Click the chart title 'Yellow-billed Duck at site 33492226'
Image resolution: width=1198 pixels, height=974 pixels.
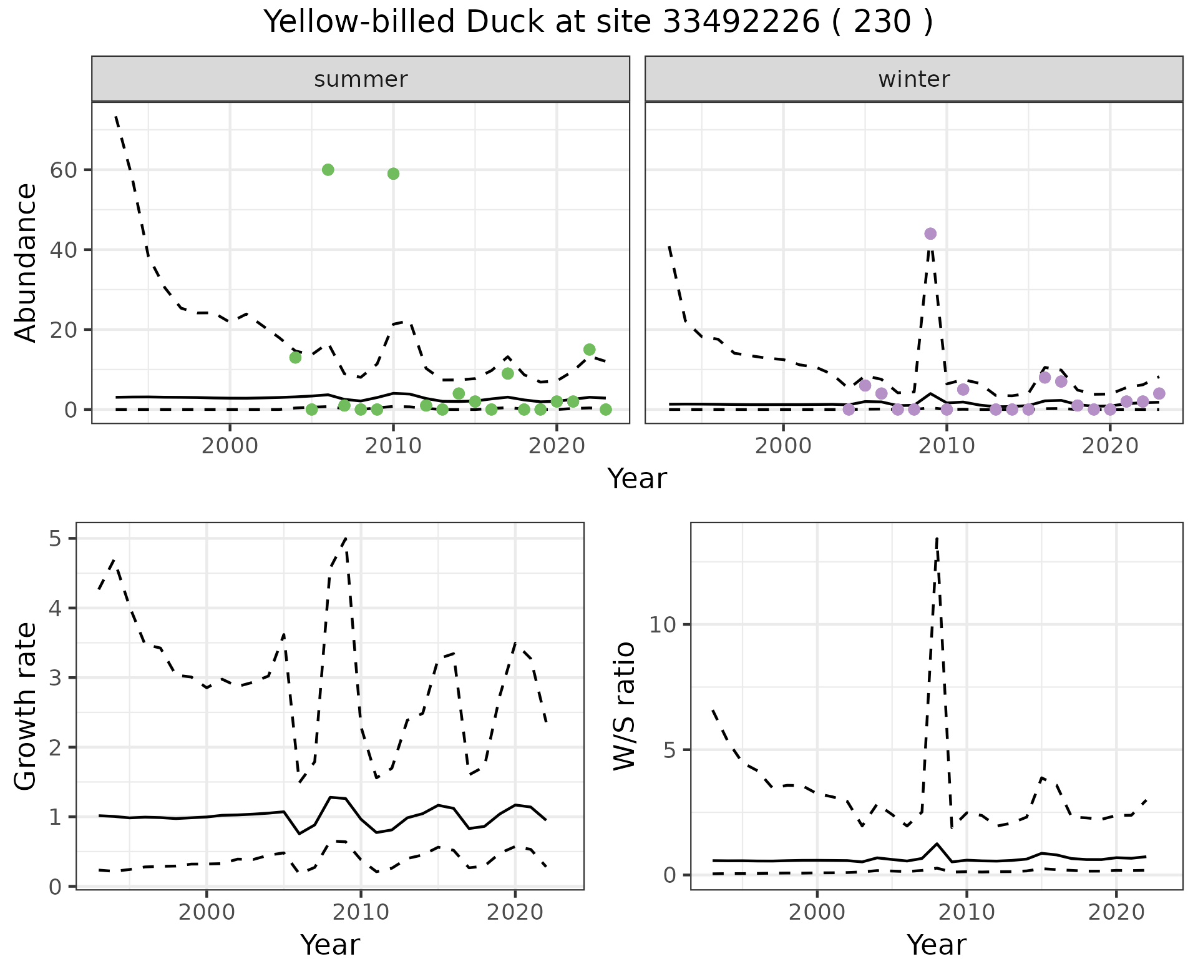(598, 22)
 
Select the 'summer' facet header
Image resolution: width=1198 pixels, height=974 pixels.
(361, 79)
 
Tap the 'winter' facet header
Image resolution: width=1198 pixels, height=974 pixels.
(913, 79)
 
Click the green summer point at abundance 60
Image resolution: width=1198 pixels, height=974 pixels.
(328, 170)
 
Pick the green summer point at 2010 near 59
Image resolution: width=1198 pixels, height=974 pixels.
(393, 174)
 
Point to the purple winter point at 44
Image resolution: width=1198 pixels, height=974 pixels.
(930, 234)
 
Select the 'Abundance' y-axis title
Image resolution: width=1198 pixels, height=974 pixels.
(26, 262)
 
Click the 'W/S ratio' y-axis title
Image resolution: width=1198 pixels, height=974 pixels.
(625, 706)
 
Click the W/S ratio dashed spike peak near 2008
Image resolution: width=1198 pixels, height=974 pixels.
(937, 538)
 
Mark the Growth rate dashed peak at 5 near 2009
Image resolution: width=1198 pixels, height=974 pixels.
(346, 538)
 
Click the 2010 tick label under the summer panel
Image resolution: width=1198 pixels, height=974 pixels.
(393, 446)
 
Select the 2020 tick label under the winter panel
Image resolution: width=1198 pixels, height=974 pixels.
(1110, 446)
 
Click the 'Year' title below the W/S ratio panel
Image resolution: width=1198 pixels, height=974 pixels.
(936, 945)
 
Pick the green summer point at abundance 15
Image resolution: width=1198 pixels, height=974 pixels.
(589, 350)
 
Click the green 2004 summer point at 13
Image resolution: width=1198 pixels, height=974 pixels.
(295, 358)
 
